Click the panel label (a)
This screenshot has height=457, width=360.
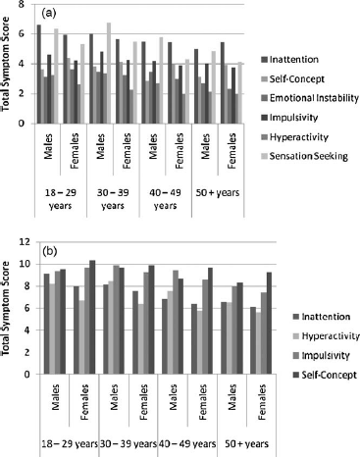click(x=45, y=15)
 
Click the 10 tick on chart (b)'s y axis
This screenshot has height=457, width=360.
click(x=26, y=264)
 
